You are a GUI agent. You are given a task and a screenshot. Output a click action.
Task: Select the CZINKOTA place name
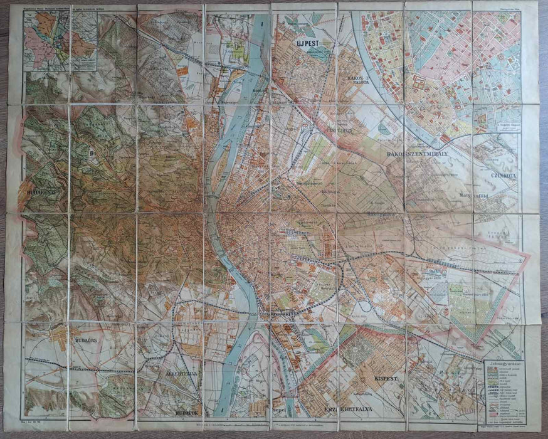pos(504,176)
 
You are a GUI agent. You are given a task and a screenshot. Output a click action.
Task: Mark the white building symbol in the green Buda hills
pos(93,151)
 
